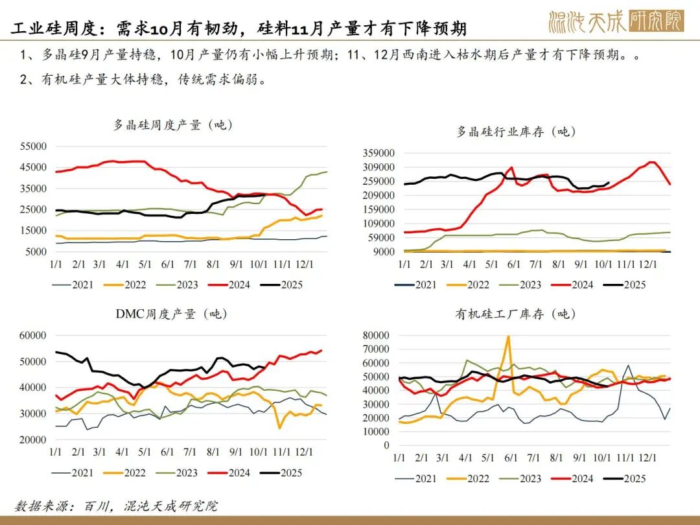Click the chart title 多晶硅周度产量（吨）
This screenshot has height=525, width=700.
point(173,125)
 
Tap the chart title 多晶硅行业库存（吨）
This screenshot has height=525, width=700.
point(516,132)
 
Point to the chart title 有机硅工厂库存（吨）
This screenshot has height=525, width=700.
point(516,314)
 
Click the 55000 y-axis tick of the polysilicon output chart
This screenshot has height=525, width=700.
point(33,146)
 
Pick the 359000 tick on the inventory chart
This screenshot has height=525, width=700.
point(379,153)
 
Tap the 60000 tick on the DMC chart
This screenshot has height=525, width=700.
point(33,335)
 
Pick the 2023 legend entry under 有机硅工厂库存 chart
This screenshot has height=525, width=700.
point(522,478)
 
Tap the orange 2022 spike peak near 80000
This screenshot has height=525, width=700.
point(508,336)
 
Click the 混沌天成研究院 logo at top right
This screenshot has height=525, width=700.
point(616,21)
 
